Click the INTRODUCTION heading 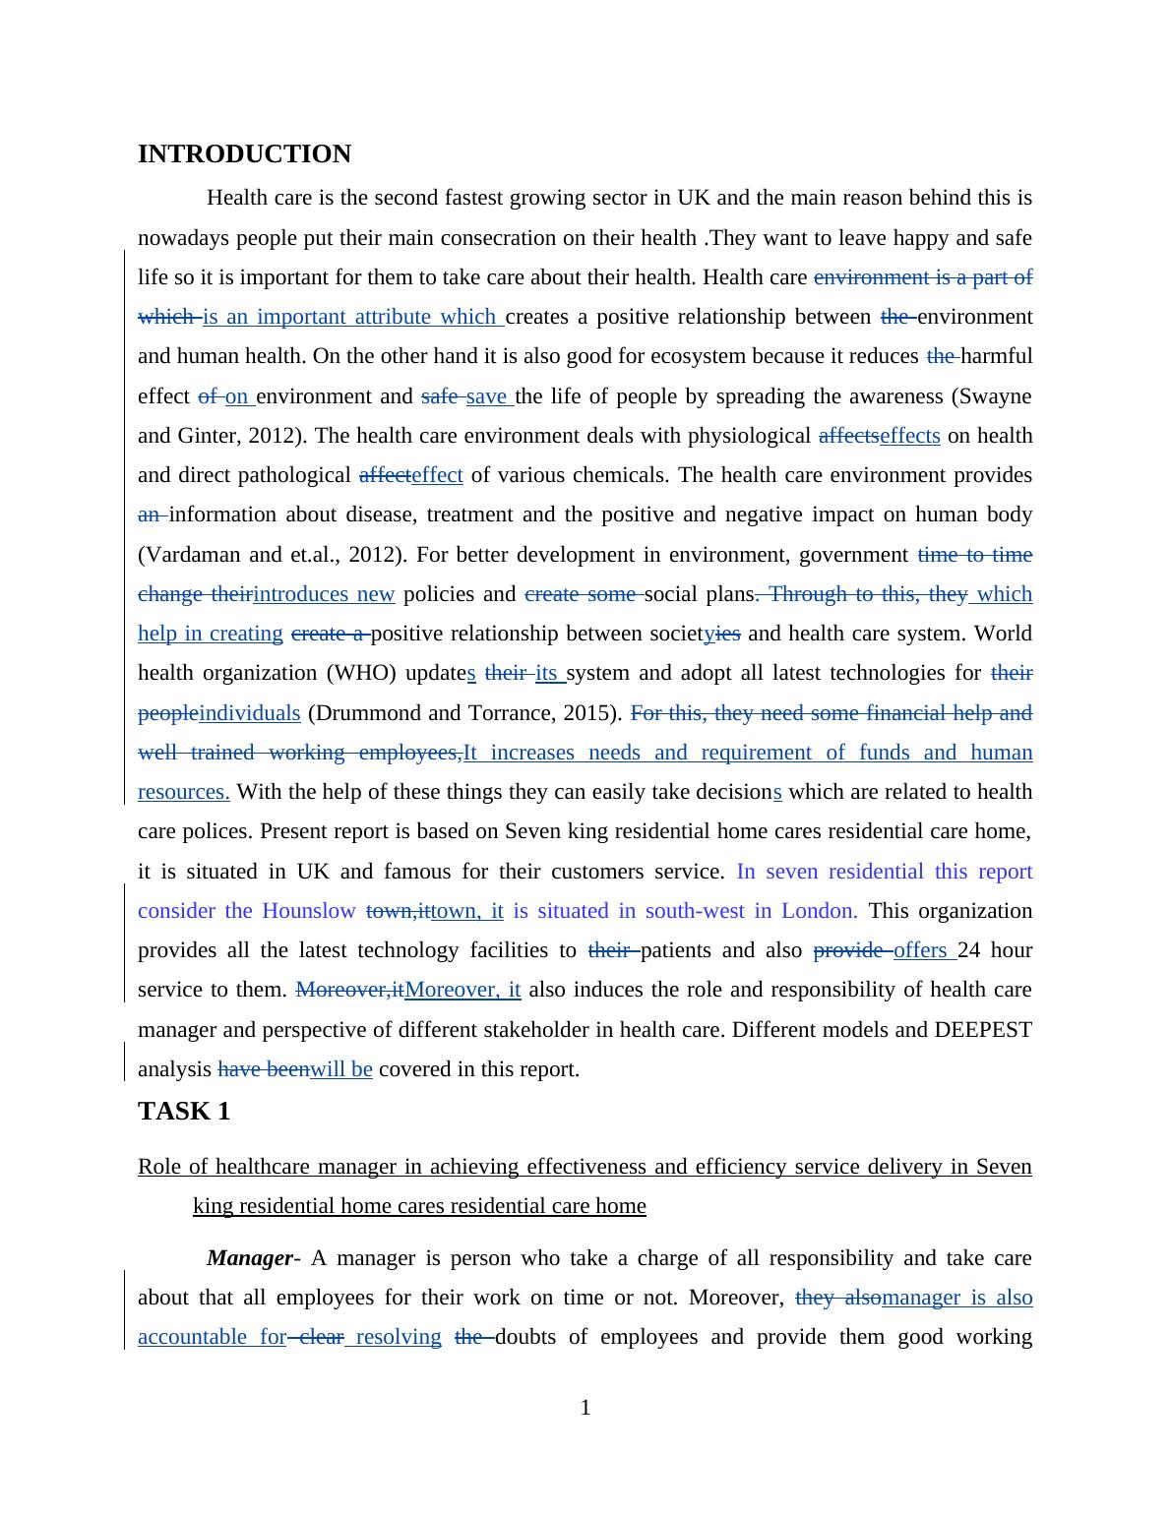click(x=244, y=154)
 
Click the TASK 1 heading click(x=184, y=1112)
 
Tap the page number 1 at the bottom click(x=585, y=1409)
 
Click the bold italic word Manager click(x=250, y=1258)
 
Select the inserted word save click(x=486, y=396)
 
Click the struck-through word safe click(x=439, y=396)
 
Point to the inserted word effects click(x=910, y=436)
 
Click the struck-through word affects click(x=848, y=436)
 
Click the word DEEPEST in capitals click(x=983, y=1030)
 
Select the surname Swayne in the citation click(x=997, y=396)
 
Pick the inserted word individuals click(x=249, y=713)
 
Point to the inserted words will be click(x=341, y=1069)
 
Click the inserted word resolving click(x=398, y=1337)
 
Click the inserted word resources click(x=183, y=792)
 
